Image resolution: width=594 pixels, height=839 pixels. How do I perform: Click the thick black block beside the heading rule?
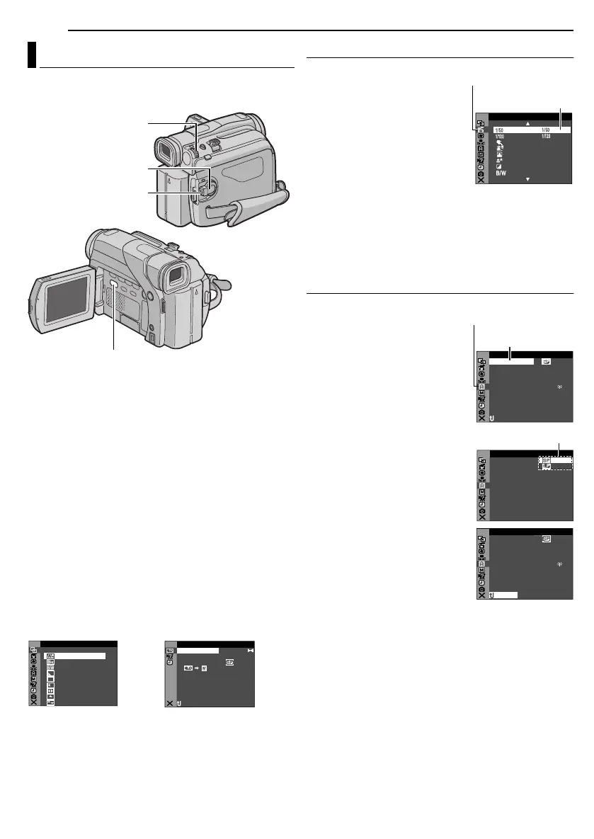[x=32, y=55]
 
